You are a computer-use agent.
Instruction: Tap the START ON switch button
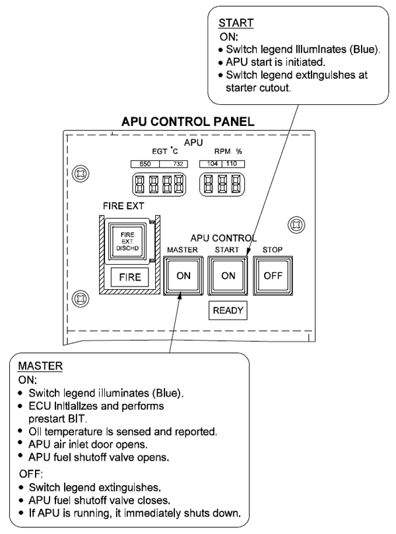point(228,276)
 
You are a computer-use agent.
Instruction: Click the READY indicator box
point(228,313)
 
